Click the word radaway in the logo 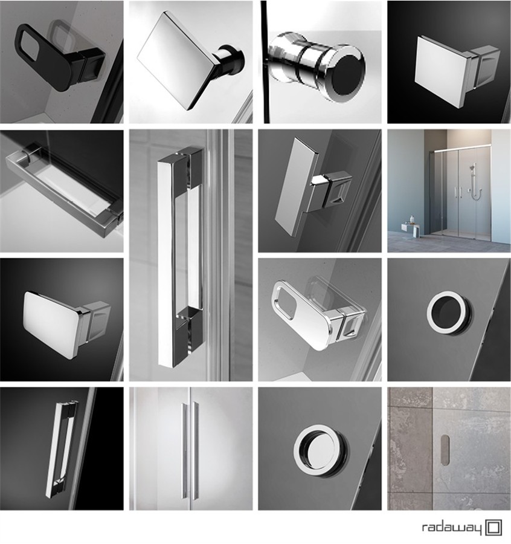click(452, 529)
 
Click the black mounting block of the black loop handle click(92, 60)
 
